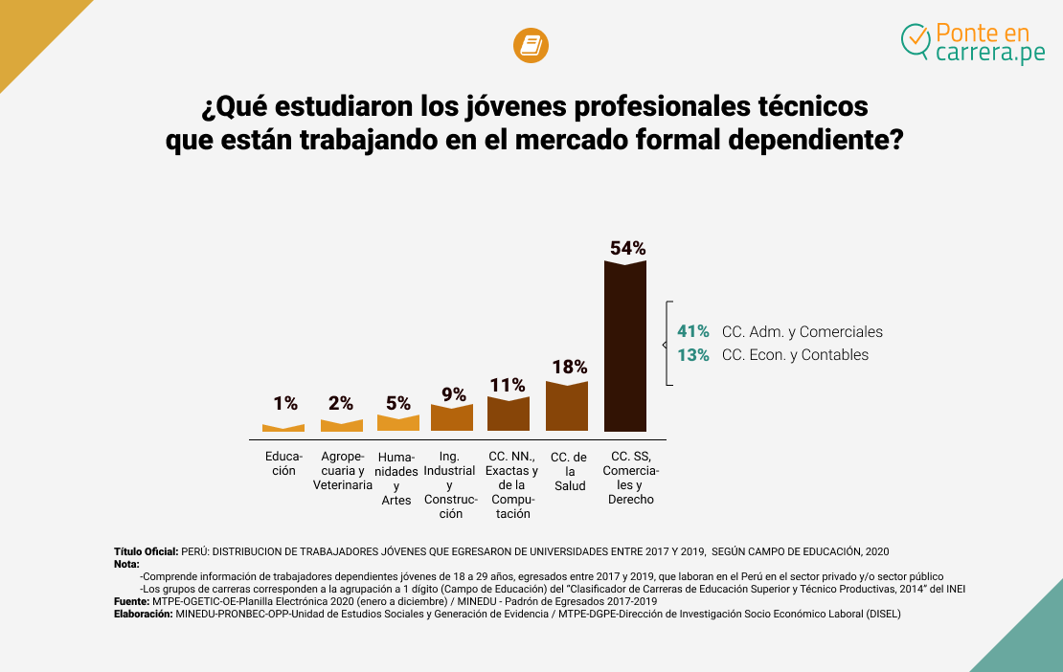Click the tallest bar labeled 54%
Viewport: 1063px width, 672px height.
(x=625, y=347)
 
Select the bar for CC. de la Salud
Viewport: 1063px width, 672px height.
(x=567, y=407)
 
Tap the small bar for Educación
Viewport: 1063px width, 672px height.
(x=283, y=428)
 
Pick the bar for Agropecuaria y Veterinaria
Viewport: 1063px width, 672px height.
(x=342, y=426)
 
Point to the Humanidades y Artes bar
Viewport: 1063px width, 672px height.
(x=398, y=423)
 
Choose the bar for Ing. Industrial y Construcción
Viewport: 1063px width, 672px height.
(x=452, y=418)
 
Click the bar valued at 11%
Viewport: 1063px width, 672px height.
(x=509, y=414)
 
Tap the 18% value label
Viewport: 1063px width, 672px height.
(x=569, y=367)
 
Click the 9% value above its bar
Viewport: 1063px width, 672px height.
(x=454, y=393)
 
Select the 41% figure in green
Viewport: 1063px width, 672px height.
(x=693, y=332)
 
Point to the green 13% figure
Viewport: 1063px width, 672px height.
(x=693, y=355)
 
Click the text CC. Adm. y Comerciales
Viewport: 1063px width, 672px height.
(x=803, y=332)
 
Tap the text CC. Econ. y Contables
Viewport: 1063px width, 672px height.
(x=795, y=355)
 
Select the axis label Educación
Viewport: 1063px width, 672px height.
(x=283, y=463)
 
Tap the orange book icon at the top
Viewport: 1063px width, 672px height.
(x=531, y=46)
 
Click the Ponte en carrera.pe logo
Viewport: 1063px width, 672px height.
(x=973, y=43)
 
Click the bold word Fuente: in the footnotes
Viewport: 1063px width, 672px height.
(x=132, y=601)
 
